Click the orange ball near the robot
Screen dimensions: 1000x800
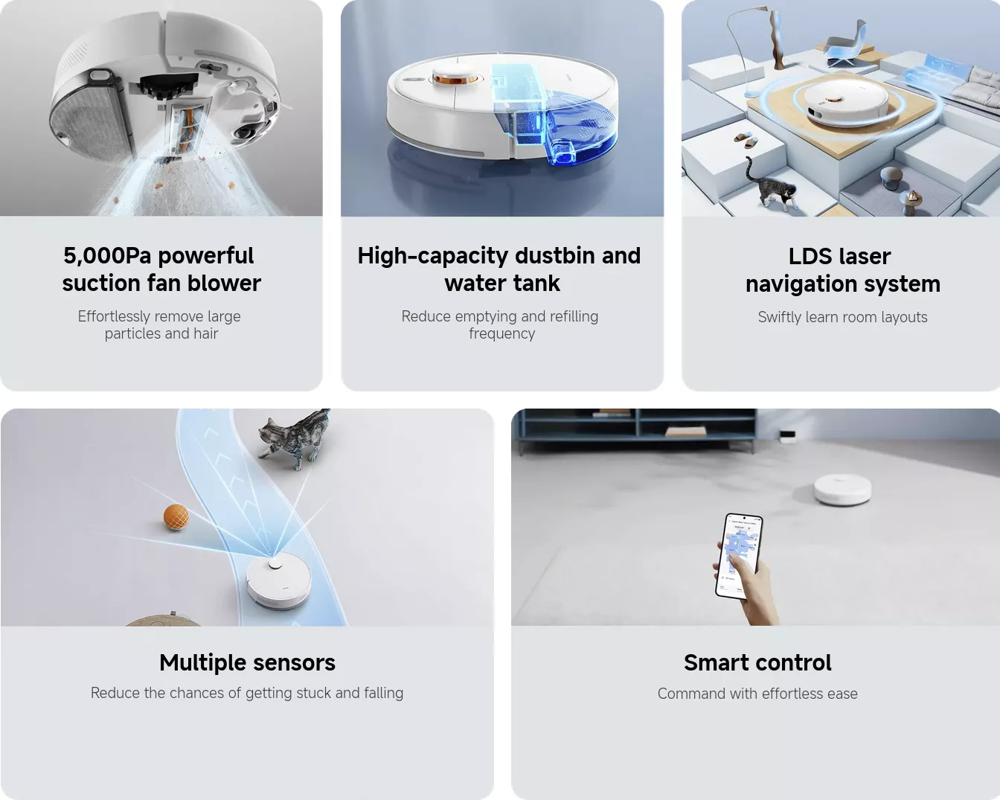pos(176,516)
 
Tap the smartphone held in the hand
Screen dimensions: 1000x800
pos(739,556)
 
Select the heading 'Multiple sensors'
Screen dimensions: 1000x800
pos(247,662)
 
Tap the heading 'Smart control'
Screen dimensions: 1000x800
pos(757,662)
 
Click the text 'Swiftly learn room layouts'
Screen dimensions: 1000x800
pos(842,317)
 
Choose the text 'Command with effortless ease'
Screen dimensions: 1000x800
pos(757,694)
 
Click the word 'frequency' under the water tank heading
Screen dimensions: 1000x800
pos(501,333)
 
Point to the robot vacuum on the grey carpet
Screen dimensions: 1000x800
pos(842,490)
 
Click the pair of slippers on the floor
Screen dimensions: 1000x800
pos(746,139)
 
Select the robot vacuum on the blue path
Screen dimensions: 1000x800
pos(278,580)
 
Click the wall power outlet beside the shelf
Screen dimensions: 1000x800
pos(787,435)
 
